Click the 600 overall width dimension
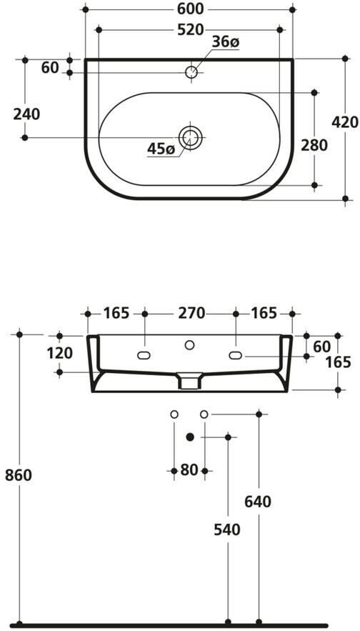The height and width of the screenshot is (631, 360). point(189,9)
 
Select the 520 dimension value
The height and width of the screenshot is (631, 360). point(191,30)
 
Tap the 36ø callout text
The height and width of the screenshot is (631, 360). point(226,42)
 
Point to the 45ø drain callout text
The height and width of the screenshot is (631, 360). point(161,149)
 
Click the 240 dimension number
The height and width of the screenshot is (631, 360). point(26,114)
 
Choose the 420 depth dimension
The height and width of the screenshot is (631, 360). point(345,122)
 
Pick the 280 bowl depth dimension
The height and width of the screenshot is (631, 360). point(314,145)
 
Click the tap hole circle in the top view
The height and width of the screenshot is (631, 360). point(191,72)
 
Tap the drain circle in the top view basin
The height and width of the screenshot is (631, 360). point(190,138)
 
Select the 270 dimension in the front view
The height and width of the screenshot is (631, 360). point(191,313)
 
